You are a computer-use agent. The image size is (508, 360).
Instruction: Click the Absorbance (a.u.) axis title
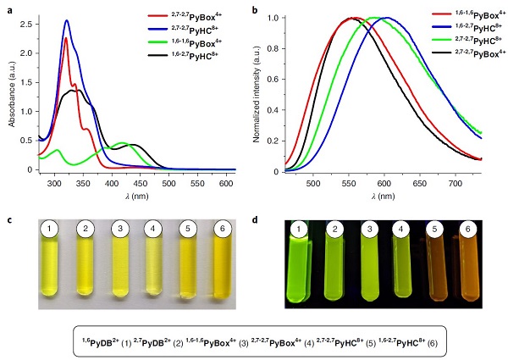pos(12,91)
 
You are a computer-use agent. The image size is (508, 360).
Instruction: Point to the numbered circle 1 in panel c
pos(51,229)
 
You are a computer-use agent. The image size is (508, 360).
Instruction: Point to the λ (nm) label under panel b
pos(384,195)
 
